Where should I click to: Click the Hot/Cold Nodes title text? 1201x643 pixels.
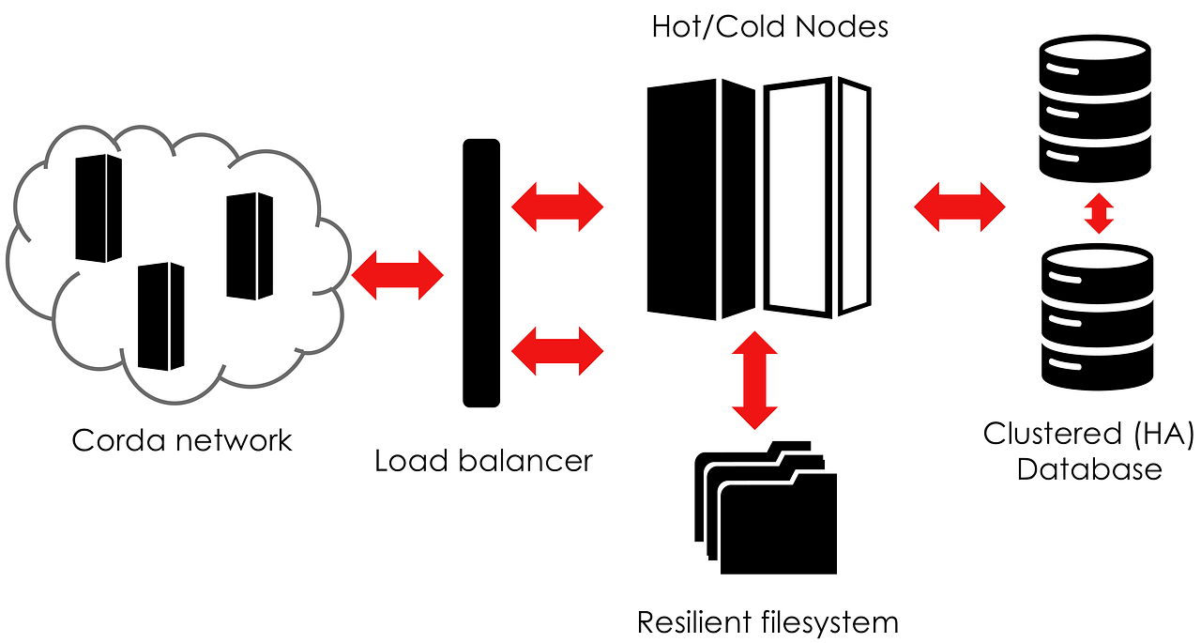click(769, 26)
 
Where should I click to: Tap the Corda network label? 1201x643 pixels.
click(182, 440)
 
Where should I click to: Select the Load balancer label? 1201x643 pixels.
click(483, 461)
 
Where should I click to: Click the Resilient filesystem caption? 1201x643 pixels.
click(768, 621)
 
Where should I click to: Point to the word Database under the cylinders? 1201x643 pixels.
click(1089, 468)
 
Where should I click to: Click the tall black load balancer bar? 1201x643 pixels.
click(481, 272)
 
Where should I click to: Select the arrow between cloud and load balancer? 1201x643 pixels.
click(397, 275)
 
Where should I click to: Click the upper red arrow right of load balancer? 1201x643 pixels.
click(557, 207)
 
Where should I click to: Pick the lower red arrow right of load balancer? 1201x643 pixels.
click(557, 350)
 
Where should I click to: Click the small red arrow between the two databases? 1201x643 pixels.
click(1098, 213)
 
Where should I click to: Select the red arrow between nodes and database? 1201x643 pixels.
click(959, 207)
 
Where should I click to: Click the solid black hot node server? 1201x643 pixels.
click(700, 197)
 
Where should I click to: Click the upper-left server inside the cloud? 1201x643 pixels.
click(99, 208)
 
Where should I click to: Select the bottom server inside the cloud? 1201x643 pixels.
click(160, 317)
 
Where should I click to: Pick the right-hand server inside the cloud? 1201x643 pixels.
click(250, 246)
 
